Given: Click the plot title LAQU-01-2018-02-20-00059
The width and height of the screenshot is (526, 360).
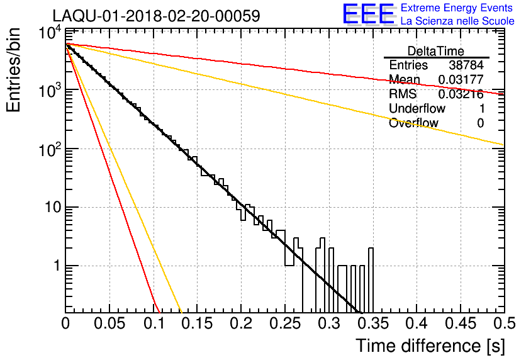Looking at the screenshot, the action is (156, 16).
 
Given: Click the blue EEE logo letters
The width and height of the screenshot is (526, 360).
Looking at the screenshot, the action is (369, 14).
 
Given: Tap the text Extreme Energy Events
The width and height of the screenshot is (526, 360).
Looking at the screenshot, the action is (457, 8).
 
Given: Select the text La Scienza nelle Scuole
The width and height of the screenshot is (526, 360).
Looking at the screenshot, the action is (457, 21).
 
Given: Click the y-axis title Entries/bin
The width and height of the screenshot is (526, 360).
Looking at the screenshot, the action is (13, 70).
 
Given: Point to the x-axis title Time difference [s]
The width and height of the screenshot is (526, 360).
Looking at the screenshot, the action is (430, 346).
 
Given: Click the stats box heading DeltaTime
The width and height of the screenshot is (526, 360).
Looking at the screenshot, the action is (435, 51).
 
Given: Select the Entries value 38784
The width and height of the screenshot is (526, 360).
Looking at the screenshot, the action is (466, 65).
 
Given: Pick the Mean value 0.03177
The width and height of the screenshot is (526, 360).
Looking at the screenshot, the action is (461, 79).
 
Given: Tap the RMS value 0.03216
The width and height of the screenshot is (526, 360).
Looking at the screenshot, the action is (461, 94).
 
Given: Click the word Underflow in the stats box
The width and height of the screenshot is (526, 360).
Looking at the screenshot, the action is (417, 108).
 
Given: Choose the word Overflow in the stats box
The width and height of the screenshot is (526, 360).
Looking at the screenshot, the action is (413, 123).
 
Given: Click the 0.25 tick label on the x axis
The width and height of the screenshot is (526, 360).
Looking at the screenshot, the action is (285, 323).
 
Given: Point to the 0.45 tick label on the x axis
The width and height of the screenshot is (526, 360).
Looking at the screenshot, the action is (461, 323).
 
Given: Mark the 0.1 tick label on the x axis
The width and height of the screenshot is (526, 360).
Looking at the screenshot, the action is (154, 323).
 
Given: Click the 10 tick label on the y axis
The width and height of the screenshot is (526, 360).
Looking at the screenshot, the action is (53, 207).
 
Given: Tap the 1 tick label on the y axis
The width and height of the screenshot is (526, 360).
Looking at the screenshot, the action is (57, 266).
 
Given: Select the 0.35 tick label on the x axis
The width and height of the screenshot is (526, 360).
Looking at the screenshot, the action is (373, 323).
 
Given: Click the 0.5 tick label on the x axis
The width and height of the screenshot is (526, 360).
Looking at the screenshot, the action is (504, 323).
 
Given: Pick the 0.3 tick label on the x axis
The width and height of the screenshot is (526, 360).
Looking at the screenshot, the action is (330, 323).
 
